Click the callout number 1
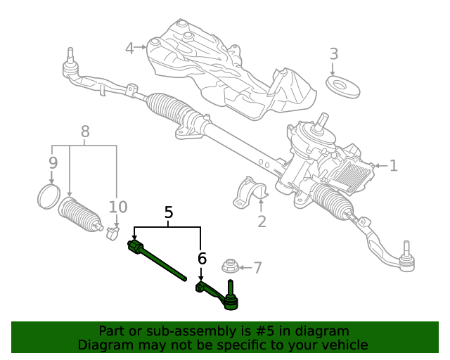pos(394,166)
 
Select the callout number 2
pos(262,222)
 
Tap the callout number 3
pos(334,54)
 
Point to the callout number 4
pos(129,48)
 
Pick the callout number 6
pos(202,259)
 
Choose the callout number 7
pos(257,267)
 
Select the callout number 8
pos(85,131)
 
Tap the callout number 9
pos(53,163)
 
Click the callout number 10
pos(118,207)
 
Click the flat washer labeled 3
pos(343,88)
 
